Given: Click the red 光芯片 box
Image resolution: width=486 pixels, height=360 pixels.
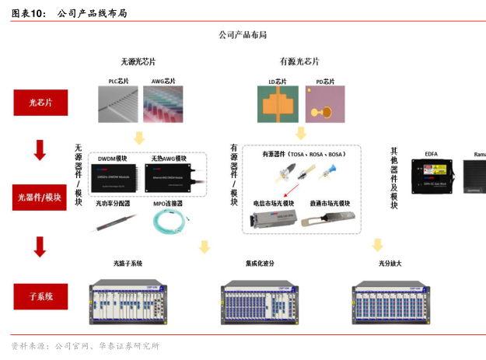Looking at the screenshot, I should coord(40,102).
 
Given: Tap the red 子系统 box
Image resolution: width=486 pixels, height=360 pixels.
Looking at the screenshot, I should coord(40,296).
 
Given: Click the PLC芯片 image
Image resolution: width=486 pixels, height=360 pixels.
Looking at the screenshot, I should coord(118,105).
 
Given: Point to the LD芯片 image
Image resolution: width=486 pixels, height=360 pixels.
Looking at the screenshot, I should coord(278,105).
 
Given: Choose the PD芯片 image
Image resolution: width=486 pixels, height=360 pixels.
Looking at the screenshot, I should coord(324,105).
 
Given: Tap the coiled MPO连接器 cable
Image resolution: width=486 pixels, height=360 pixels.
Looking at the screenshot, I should coord(173,223).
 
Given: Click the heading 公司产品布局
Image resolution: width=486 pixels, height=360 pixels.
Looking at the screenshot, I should coord(243,35).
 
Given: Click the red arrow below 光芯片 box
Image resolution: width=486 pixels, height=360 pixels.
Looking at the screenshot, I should coord(40,149).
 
